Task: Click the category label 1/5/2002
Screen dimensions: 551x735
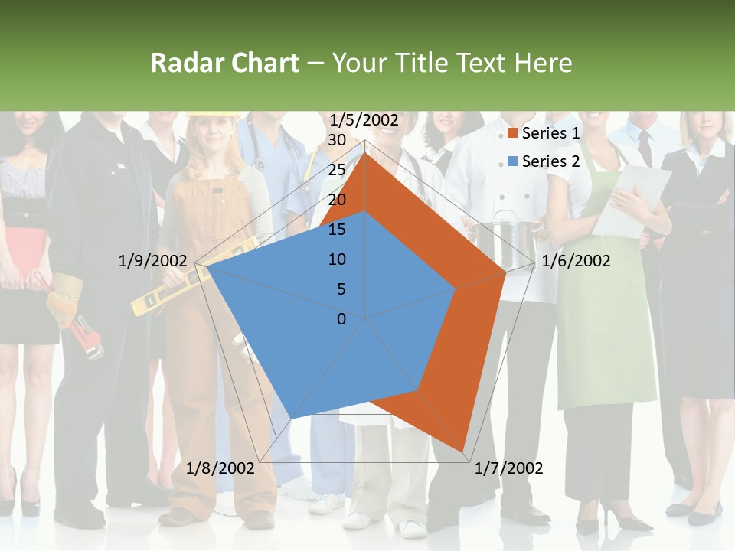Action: [364, 120]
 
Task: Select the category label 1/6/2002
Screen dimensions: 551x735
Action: [576, 261]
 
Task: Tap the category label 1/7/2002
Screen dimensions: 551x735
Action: [508, 468]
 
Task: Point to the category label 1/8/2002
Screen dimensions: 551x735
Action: [220, 468]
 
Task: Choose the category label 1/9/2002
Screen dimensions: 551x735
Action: [152, 261]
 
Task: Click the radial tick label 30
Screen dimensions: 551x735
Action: [336, 141]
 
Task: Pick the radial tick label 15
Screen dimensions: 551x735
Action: [336, 230]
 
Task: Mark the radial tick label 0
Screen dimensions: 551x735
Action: [341, 319]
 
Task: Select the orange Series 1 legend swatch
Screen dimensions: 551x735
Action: [513, 134]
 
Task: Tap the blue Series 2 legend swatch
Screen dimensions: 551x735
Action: [513, 161]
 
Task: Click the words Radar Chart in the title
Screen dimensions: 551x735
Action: [224, 63]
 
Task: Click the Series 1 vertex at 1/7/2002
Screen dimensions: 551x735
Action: [464, 451]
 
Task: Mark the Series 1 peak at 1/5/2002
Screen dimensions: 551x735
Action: [365, 152]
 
